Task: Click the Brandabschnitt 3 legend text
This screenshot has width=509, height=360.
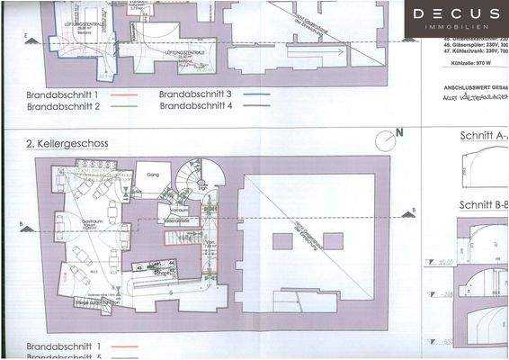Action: pos(195,94)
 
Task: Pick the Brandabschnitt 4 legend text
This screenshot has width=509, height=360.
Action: pos(195,106)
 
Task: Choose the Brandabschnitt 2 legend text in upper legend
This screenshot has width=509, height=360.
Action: pos(62,106)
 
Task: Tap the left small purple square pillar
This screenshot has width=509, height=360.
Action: pos(281,241)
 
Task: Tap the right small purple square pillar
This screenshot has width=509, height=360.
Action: pos(333,241)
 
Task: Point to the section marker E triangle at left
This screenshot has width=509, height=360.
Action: pos(30,39)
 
